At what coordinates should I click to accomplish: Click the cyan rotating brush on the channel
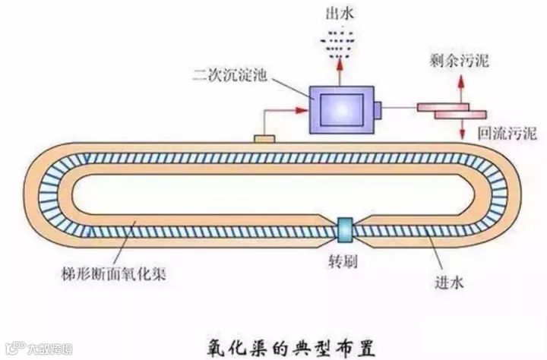(346, 226)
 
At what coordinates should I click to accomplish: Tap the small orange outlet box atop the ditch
(264, 140)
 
